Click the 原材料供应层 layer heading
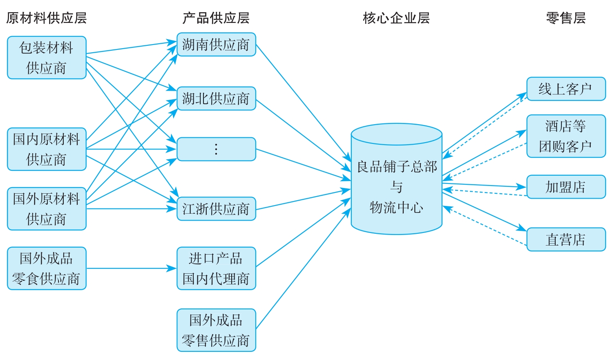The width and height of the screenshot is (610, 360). coord(46,18)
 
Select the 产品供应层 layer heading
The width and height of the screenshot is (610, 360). coord(216,18)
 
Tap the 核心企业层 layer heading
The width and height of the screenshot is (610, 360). coord(396,18)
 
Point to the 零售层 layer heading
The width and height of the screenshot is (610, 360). coord(566,18)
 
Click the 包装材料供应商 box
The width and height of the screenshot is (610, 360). coord(47,58)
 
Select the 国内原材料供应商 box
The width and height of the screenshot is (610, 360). coord(47,149)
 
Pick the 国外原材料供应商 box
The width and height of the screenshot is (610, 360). coord(47,209)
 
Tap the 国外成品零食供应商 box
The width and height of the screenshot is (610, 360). coord(47,268)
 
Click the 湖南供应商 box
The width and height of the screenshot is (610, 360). coord(216,45)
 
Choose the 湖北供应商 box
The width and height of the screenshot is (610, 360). coord(216,98)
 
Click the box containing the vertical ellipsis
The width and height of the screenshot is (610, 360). coord(216,149)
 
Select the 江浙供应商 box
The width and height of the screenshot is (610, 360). coord(216,209)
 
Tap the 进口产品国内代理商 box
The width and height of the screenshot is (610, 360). coord(216,268)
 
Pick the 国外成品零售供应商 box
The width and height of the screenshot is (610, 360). coord(216,330)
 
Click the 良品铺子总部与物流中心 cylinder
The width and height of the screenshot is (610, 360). coord(396,184)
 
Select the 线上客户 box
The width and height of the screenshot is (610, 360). coord(566,89)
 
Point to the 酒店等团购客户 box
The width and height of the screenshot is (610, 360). coord(566,136)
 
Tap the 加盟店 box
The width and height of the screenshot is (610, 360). coord(566,187)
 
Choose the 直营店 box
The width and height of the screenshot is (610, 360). coord(566,239)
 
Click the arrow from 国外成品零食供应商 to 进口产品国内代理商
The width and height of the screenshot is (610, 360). coord(131,268)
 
